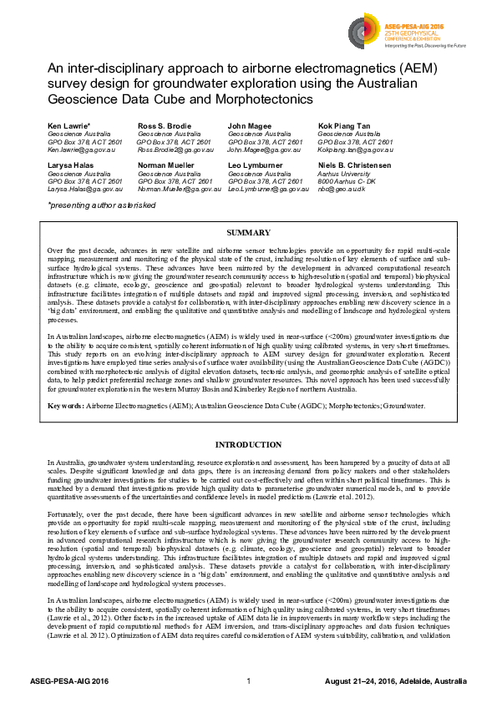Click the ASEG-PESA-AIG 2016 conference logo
tap(397, 33)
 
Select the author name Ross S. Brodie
tap(163, 125)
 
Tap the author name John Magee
tap(248, 125)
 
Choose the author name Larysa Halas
tap(72, 164)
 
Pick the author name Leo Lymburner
tap(256, 164)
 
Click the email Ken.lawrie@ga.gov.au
tap(83, 150)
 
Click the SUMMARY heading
tap(248, 232)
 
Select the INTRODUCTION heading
tap(248, 444)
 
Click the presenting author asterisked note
tap(101, 205)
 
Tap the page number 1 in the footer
tap(249, 682)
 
